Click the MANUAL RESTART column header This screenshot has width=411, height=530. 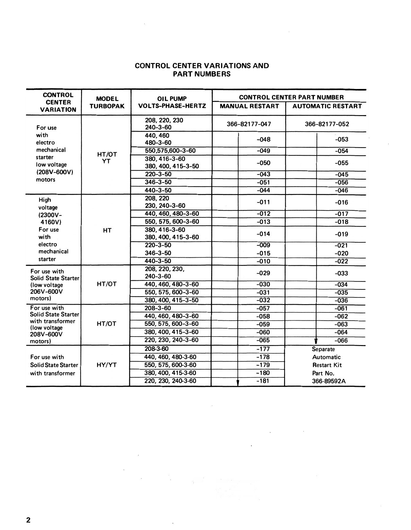click(249, 106)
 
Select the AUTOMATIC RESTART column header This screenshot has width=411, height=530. click(327, 106)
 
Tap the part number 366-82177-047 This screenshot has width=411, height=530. click(249, 124)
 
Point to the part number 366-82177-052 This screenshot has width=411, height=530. click(327, 124)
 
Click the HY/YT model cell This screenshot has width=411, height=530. click(107, 365)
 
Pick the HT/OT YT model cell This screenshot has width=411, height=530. click(107, 158)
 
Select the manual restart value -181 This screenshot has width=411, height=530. click(263, 381)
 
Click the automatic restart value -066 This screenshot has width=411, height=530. click(341, 341)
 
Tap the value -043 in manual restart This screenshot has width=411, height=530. click(263, 174)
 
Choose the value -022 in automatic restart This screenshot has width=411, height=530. click(341, 261)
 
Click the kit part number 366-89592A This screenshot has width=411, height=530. click(329, 381)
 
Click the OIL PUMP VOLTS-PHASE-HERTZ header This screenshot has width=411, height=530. click(172, 102)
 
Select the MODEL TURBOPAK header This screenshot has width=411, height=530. click(107, 102)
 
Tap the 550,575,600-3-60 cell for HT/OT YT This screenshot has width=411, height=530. click(170, 151)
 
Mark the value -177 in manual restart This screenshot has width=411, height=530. click(263, 349)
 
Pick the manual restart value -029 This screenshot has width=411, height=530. click(263, 273)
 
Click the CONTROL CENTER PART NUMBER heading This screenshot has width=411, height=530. click(291, 97)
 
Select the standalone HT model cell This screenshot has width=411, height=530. click(107, 231)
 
